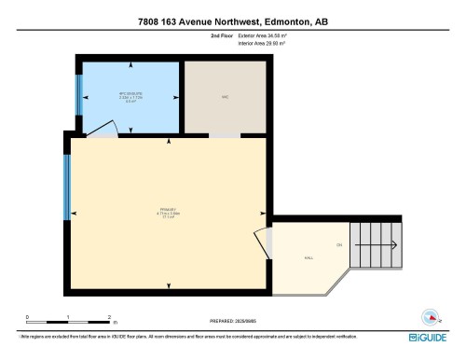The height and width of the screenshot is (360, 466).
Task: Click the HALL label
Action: coord(308,257)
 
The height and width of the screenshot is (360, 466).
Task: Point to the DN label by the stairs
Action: coord(339,245)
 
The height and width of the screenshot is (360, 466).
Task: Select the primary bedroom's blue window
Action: coord(67,187)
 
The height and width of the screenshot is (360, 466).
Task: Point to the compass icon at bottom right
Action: coord(430,315)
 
